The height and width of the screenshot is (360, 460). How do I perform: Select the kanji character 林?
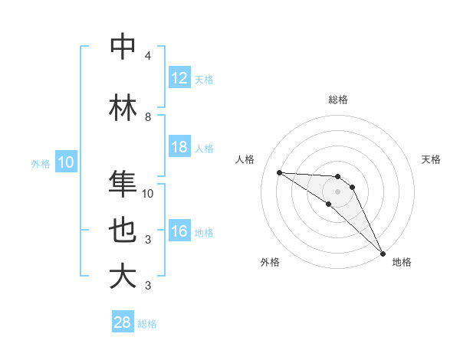[123, 107]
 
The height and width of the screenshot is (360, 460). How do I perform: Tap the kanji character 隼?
[123, 183]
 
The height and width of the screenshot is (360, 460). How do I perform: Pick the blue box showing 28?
[123, 322]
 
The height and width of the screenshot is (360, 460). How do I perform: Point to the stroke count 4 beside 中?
[148, 56]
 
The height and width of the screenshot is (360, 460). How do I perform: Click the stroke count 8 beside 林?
[148, 117]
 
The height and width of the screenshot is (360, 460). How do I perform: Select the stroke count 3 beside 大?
[148, 286]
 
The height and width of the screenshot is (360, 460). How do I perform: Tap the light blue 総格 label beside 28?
[147, 324]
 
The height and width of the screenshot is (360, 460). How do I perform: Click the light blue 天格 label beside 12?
[203, 80]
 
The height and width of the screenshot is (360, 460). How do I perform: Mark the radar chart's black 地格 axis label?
[402, 262]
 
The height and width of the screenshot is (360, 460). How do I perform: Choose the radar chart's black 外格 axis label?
[270, 262]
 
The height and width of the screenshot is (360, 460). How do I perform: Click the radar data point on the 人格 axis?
[279, 172]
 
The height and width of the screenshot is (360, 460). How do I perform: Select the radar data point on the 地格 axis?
[383, 253]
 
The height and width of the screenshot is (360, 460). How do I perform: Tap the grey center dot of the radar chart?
[337, 191]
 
